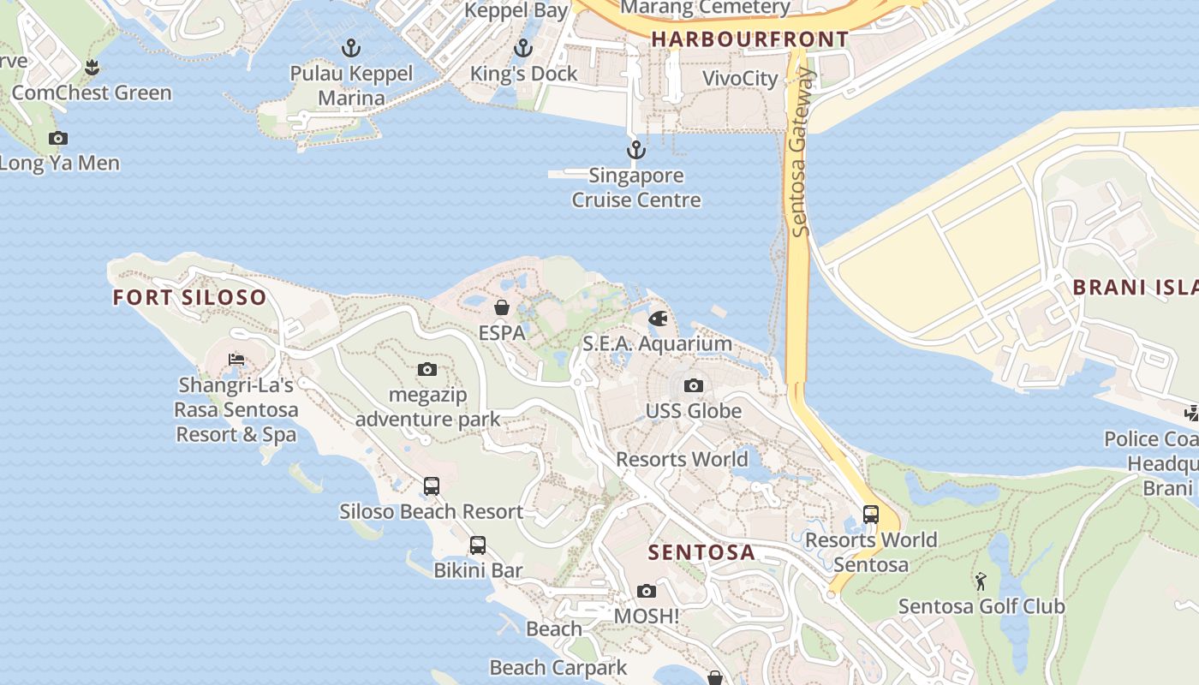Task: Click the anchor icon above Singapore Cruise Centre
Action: click(635, 151)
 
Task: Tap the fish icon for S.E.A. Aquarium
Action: click(658, 319)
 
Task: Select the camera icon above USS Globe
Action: click(694, 386)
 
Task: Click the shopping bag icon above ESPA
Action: click(502, 307)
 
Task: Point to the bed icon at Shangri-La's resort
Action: click(236, 360)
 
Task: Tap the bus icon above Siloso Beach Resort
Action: click(432, 486)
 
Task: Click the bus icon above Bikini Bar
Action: click(478, 545)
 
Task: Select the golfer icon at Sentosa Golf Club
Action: click(981, 581)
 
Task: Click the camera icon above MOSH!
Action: click(647, 591)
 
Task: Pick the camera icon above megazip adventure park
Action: click(427, 370)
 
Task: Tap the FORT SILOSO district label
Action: click(189, 298)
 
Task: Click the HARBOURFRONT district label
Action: click(749, 39)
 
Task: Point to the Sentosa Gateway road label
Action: click(800, 152)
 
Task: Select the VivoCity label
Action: click(740, 79)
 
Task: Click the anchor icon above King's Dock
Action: click(523, 48)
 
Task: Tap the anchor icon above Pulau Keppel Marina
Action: click(351, 48)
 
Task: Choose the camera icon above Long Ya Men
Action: click(58, 138)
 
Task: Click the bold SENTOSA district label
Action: click(701, 552)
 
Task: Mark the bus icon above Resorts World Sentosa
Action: click(871, 515)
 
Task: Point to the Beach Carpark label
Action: click(558, 667)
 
